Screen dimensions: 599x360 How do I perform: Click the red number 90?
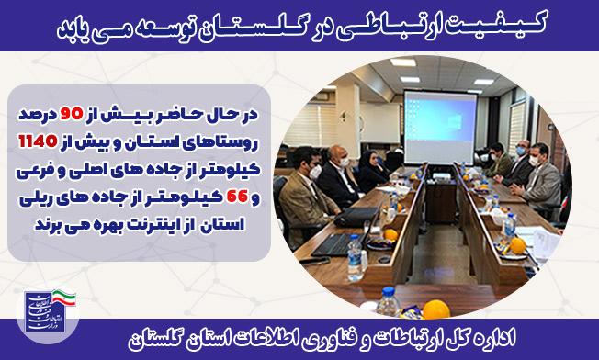(x=71, y=115)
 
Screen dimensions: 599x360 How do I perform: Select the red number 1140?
(x=38, y=142)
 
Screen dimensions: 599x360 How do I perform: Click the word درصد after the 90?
(x=36, y=116)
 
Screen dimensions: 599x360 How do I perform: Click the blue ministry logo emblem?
(x=40, y=312)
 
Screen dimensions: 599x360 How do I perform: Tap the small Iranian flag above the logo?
(x=63, y=297)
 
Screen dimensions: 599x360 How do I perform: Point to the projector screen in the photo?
(x=440, y=128)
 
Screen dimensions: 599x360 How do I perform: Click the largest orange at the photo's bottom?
(x=435, y=309)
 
